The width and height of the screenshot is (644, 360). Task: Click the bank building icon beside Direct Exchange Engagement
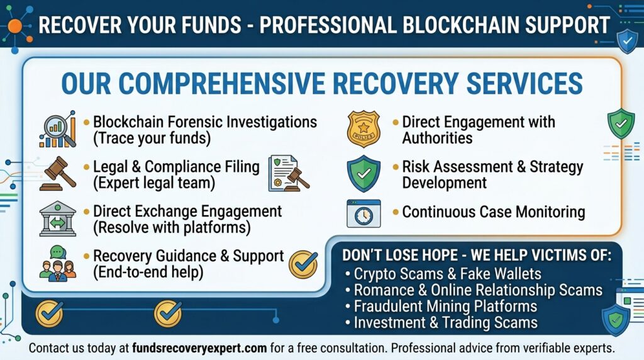coord(57,218)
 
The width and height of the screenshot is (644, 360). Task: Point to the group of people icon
coord(57,262)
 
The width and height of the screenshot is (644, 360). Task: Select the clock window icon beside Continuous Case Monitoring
coord(364,213)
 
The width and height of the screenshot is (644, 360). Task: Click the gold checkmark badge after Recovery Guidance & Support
coord(303,264)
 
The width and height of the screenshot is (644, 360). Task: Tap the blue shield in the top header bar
coord(626,41)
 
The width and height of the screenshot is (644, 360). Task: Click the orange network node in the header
coord(14,26)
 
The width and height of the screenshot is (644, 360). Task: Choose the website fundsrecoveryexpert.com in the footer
coord(199,347)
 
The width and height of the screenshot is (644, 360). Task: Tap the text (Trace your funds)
coord(152,137)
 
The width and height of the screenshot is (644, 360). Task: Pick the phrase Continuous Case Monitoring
coord(493,212)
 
